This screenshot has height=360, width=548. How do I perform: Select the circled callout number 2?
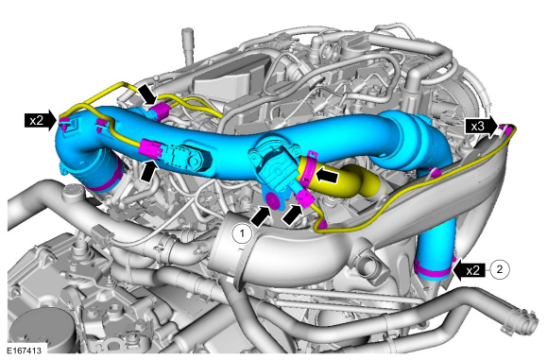(x=502, y=267)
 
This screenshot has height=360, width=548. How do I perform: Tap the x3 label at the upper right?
(x=478, y=124)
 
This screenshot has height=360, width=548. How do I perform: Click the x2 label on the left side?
(x=37, y=120)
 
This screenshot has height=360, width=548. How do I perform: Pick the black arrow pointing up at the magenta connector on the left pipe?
(x=148, y=170)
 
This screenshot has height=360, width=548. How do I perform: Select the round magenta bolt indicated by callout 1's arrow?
(x=272, y=200)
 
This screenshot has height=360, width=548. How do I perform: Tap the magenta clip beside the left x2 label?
(x=64, y=123)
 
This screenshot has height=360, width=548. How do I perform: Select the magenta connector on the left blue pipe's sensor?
(x=150, y=147)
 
